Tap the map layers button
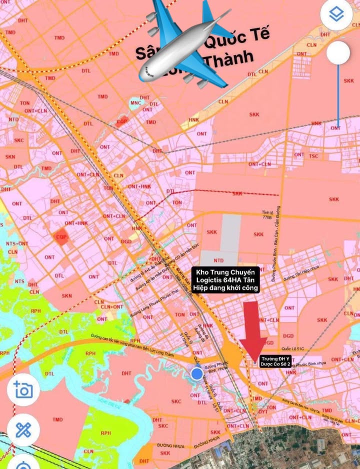(x=337, y=15)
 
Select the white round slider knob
(x=338, y=52)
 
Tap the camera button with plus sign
(x=23, y=389)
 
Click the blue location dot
(x=197, y=373)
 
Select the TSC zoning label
(x=313, y=156)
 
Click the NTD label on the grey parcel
(x=218, y=260)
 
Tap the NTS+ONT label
(x=17, y=243)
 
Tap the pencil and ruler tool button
(x=23, y=429)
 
